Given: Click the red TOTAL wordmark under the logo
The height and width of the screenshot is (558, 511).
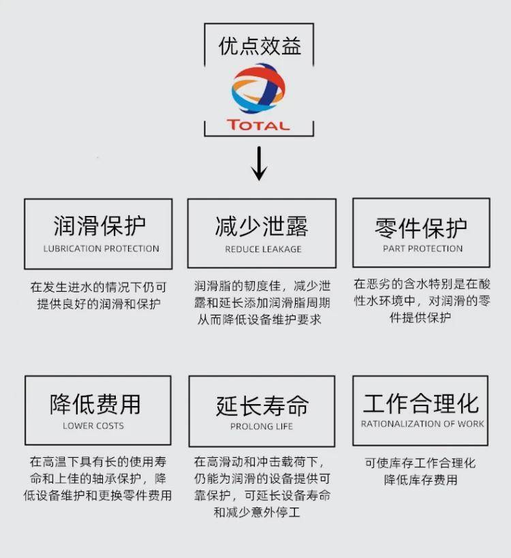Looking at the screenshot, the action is click(259, 125).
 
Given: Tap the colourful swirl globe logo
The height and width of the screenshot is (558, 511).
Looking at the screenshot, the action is click(258, 89).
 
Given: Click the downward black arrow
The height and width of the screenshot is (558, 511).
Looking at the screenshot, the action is click(260, 164).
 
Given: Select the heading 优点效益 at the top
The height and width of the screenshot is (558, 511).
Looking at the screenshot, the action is click(260, 46).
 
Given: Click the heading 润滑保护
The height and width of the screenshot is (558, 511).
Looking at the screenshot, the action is click(99, 226).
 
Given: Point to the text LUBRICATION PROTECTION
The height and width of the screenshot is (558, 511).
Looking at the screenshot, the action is click(101, 249).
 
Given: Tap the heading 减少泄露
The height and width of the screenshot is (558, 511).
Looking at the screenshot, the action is click(262, 226).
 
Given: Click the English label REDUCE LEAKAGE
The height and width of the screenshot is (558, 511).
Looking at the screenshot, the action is click(263, 249).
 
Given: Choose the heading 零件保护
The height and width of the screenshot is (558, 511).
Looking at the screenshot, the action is click(421, 228).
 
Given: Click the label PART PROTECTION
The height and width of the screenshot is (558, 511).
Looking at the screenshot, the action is click(422, 249).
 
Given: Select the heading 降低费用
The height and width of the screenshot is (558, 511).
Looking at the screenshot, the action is click(95, 404).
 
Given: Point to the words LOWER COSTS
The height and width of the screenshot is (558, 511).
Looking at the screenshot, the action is click(93, 426).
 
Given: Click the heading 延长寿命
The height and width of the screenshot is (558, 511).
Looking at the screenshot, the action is click(262, 405).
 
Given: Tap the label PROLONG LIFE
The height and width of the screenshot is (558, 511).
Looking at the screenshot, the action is click(262, 427).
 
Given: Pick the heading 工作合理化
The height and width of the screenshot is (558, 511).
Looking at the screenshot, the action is click(421, 403).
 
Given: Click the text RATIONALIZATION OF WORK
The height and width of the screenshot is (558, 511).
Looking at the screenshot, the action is click(422, 424).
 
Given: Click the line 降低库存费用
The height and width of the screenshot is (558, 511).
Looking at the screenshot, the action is click(420, 480).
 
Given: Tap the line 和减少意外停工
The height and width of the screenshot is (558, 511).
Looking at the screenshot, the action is click(257, 512).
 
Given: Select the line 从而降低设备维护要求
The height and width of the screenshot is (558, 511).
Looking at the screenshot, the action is click(260, 320).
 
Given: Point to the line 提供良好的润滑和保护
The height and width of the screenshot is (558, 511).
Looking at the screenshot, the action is click(99, 304).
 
